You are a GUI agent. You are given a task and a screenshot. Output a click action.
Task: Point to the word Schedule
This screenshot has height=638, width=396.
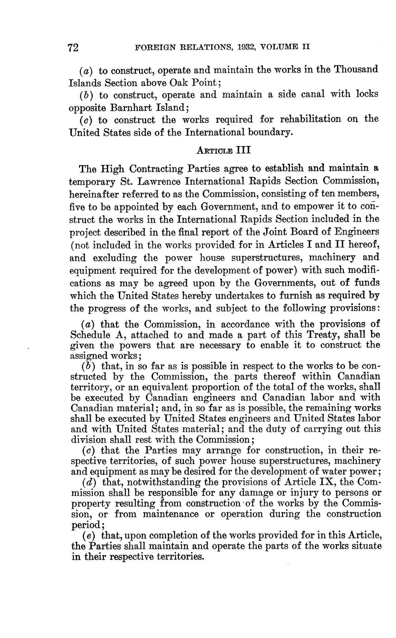pos(88,334)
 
